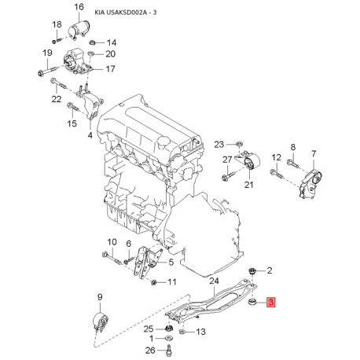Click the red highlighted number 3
pyautogui.click(x=270, y=302)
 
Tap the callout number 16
pyautogui.click(x=79, y=7)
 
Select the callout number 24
pyautogui.click(x=214, y=281)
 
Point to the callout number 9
pyautogui.click(x=100, y=297)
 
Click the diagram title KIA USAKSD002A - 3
pyautogui.click(x=126, y=13)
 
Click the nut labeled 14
pyautogui.click(x=92, y=42)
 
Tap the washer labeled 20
pyautogui.click(x=90, y=53)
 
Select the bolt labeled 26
pyautogui.click(x=168, y=350)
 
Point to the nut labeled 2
pyautogui.click(x=252, y=271)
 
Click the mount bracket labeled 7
pyautogui.click(x=310, y=184)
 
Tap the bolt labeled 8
pyautogui.click(x=293, y=163)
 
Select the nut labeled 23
pyautogui.click(x=239, y=144)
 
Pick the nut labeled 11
pyautogui.click(x=154, y=282)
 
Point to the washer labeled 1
pyautogui.click(x=169, y=338)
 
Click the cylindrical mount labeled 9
pyautogui.click(x=101, y=321)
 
